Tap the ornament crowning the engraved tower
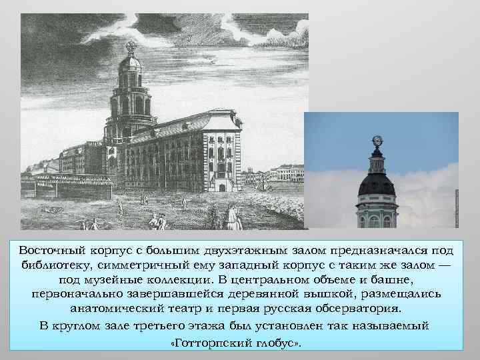tap(131, 47)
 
